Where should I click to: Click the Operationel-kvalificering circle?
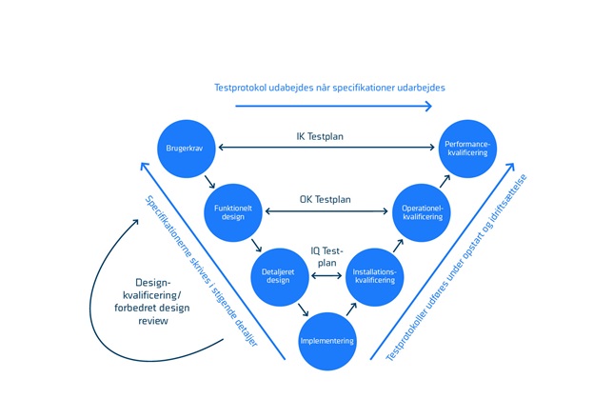[x=421, y=210]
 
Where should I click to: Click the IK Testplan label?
[x=320, y=136]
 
